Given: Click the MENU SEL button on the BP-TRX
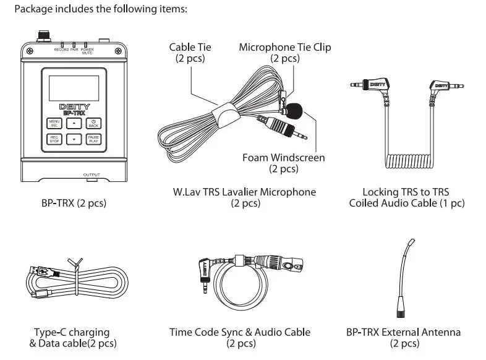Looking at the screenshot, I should [x=54, y=123].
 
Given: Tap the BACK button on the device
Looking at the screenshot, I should [x=93, y=123].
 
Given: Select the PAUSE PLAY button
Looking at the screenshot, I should [x=93, y=139].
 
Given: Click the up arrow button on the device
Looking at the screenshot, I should [x=74, y=123].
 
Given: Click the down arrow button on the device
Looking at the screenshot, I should [x=74, y=139].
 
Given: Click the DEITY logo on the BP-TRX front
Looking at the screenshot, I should [x=74, y=106].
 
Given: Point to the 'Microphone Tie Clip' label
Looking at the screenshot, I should [x=284, y=48].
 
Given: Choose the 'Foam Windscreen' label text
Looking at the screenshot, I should [x=283, y=158].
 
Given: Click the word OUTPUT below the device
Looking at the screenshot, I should [x=91, y=175].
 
